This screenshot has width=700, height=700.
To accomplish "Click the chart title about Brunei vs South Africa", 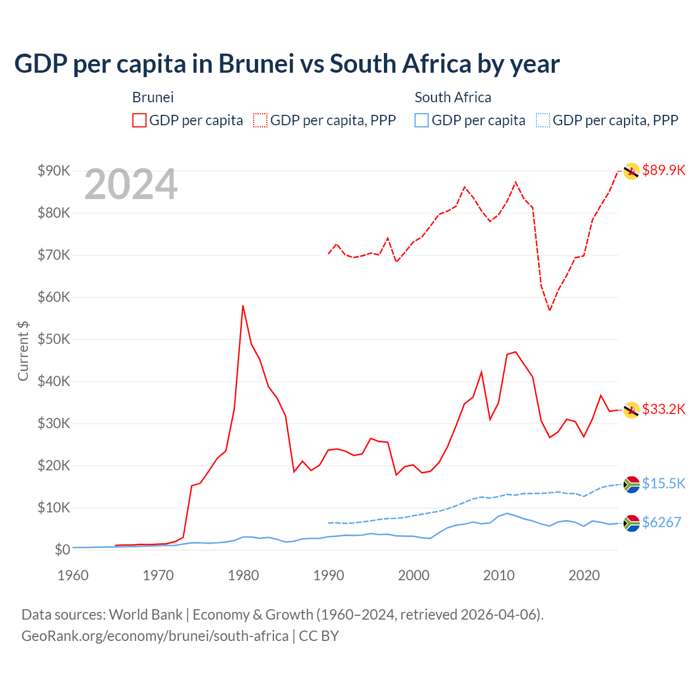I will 287,64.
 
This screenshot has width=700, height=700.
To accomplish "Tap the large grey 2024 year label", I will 131,185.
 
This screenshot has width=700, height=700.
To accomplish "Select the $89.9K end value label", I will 663,170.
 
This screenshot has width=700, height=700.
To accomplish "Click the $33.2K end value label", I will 663,409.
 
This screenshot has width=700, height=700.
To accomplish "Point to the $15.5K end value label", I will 663,483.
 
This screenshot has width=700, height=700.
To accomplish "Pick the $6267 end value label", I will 661,522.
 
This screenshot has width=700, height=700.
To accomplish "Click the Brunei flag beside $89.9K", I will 632,171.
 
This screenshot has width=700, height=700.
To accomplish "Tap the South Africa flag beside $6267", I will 632,523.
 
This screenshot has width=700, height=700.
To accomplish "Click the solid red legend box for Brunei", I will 139,120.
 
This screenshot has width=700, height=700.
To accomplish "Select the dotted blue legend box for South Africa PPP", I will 543,120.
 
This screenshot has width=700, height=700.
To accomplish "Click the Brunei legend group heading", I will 153,97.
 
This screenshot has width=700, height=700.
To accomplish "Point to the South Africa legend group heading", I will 453,97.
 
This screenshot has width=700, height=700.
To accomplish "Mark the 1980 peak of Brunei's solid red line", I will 243,306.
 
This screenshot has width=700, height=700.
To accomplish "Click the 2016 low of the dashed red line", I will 550,310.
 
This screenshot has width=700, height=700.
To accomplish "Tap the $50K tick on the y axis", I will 54,339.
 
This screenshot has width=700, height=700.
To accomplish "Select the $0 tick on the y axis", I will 62,550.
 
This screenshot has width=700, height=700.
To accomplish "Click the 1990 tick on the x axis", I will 328,575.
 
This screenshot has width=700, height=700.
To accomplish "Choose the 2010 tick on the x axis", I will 499,575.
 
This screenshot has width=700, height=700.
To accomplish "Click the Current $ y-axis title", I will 23,351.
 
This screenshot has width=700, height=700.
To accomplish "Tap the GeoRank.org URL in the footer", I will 155,636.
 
